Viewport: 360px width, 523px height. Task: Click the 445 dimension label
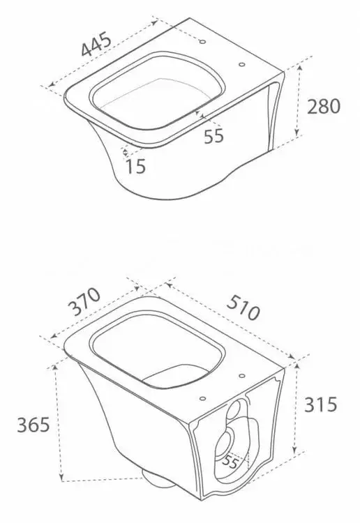[x=96, y=44]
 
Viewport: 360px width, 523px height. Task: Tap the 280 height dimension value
[x=323, y=107]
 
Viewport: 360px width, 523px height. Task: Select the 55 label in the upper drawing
[x=214, y=136]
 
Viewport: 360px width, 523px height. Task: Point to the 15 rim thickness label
[x=136, y=166]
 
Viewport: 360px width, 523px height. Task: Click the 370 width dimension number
[x=84, y=301]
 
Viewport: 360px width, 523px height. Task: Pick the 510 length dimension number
[x=243, y=308]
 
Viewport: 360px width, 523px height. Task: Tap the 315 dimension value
[x=321, y=404]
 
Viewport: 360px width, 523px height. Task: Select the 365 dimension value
[x=33, y=424]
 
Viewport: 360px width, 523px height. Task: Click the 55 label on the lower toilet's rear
[x=230, y=462]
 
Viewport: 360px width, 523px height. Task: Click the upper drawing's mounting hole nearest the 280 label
[x=242, y=64]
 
